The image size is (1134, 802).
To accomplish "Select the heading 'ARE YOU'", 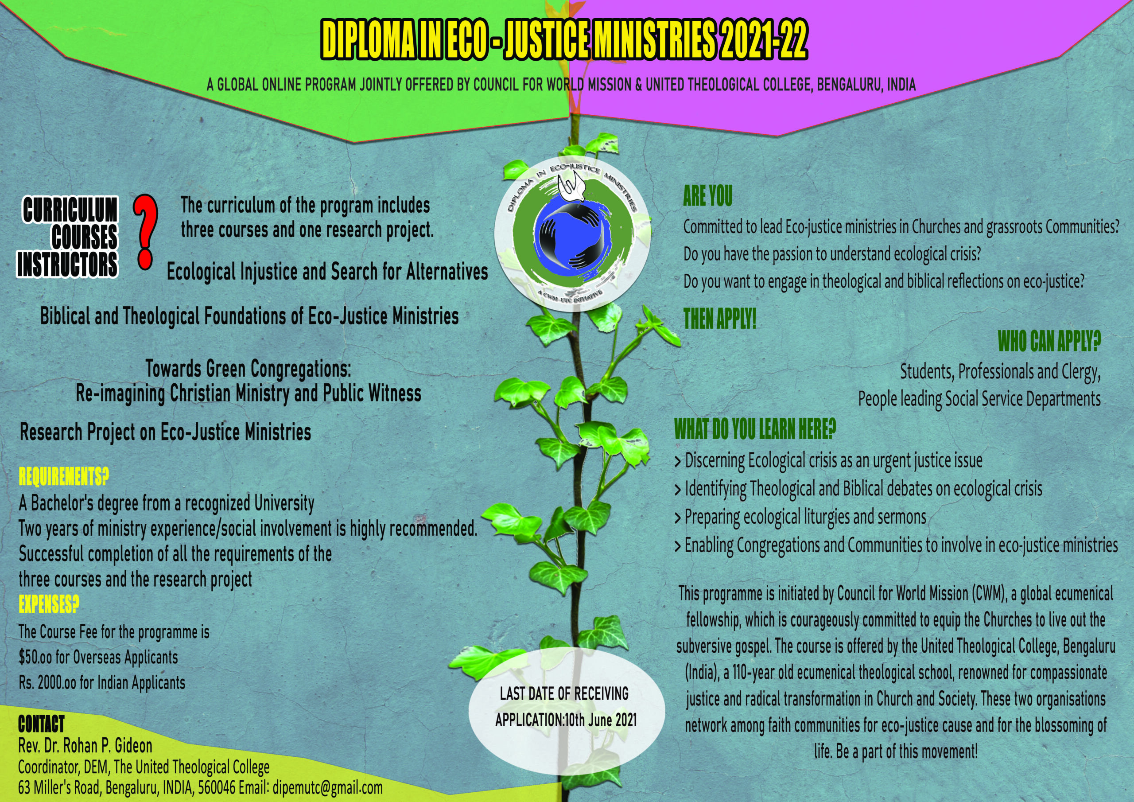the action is [x=707, y=196].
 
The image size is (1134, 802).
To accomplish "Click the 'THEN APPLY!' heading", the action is [x=720, y=319].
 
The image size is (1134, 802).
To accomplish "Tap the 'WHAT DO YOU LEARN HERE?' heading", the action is [x=755, y=429].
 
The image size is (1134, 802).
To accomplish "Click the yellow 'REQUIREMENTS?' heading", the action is [x=63, y=477].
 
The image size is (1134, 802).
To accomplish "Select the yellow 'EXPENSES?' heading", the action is [x=48, y=604].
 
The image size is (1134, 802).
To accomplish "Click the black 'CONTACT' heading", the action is [x=41, y=724].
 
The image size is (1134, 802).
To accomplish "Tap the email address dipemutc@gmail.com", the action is [x=327, y=788].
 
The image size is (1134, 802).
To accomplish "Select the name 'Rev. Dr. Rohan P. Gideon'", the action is [x=85, y=746].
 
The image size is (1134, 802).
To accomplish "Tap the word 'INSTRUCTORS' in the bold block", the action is [x=68, y=265].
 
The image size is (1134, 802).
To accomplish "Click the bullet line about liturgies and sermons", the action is [x=800, y=517].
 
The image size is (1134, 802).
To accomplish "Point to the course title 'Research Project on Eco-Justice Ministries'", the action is [x=166, y=432].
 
